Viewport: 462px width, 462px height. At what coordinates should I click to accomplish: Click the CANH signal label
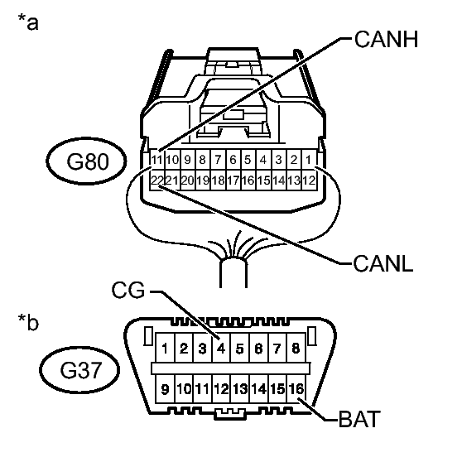(x=386, y=39)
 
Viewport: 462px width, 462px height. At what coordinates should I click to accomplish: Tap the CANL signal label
(x=383, y=264)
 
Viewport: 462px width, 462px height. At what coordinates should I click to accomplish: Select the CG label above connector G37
(x=128, y=290)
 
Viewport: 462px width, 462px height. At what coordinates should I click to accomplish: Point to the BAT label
(x=359, y=419)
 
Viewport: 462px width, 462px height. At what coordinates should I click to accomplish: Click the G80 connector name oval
(x=86, y=161)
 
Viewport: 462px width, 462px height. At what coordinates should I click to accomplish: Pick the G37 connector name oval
(x=79, y=370)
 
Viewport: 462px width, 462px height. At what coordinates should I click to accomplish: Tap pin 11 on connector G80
(x=156, y=160)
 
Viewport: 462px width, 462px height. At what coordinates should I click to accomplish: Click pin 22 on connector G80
(x=156, y=180)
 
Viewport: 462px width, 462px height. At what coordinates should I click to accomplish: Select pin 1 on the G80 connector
(x=309, y=160)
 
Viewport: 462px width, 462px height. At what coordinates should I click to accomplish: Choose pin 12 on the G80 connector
(x=309, y=180)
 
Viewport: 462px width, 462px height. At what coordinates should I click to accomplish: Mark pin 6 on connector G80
(x=233, y=160)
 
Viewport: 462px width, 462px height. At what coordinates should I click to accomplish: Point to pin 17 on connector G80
(x=233, y=180)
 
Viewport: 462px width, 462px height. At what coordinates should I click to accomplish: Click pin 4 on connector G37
(x=221, y=349)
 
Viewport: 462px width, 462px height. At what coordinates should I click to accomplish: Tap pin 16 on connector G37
(x=296, y=388)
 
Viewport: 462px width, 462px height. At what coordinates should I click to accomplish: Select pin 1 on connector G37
(x=165, y=349)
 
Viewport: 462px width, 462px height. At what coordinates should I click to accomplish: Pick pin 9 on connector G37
(x=165, y=388)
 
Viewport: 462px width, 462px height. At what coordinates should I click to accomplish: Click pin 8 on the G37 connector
(x=296, y=349)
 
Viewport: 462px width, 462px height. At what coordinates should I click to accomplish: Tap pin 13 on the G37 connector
(x=240, y=388)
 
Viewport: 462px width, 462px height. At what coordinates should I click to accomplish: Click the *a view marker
(x=28, y=22)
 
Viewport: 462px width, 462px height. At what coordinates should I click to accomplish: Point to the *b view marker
(x=28, y=322)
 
